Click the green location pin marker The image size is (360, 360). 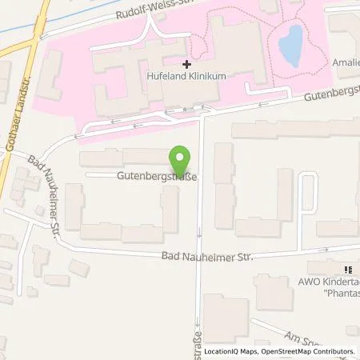pos(182,160)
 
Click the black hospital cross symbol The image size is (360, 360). pos(186,63)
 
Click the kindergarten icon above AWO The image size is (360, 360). pos(348,270)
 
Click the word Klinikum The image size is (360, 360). pos(205,75)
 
